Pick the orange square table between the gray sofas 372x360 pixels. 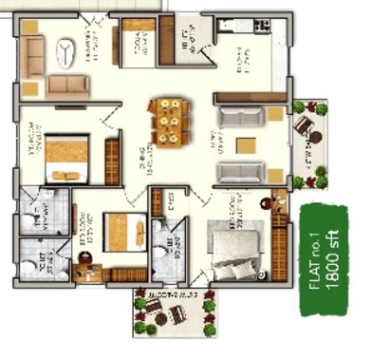pyautogui.click(x=245, y=145)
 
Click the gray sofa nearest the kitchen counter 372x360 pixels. pyautogui.click(x=234, y=117)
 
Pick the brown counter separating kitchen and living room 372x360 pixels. pyautogui.click(x=251, y=96)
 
